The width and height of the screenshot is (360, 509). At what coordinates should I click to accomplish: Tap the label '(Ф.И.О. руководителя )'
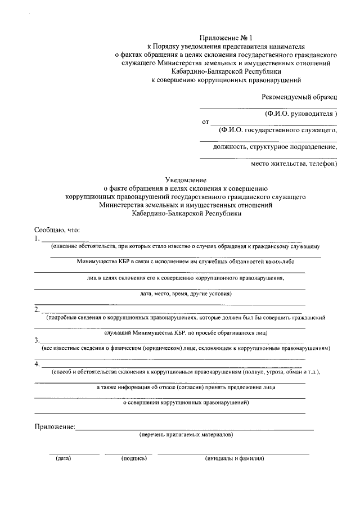(x=301, y=114)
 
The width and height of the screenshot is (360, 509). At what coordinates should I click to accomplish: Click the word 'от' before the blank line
(x=205, y=121)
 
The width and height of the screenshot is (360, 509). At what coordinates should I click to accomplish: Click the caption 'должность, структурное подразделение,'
(x=275, y=147)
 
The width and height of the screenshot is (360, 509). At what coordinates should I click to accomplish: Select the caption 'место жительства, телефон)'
(x=294, y=164)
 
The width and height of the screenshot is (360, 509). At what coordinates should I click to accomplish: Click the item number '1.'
(x=37, y=238)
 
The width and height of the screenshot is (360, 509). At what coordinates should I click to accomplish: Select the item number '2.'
(x=37, y=309)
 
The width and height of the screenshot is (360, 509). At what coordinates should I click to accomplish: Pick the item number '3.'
(x=37, y=340)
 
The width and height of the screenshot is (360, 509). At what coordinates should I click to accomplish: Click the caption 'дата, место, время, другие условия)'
(x=186, y=294)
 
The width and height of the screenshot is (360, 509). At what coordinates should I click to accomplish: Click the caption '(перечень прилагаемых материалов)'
(x=186, y=435)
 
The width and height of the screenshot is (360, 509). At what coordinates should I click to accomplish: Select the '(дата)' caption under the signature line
(x=63, y=458)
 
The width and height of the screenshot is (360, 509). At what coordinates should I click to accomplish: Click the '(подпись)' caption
(x=134, y=458)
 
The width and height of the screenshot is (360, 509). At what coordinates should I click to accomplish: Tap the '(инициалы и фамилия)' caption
(x=235, y=458)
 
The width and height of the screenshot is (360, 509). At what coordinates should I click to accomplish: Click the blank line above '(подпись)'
(x=128, y=453)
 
